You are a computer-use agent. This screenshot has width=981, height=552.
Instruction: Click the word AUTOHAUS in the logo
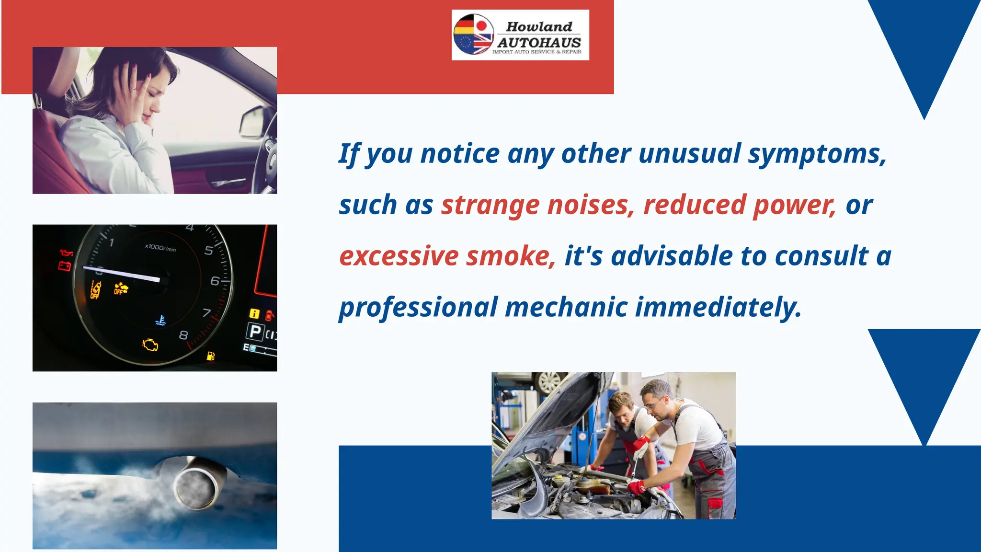point(539,42)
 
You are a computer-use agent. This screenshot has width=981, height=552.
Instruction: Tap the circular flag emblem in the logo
point(473,34)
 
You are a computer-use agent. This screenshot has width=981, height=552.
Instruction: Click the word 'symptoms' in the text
point(817,154)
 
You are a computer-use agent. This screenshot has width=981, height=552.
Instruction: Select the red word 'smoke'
point(511,256)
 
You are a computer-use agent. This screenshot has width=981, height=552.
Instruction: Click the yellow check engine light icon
point(150,345)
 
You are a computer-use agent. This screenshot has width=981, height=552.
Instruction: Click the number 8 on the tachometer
point(183,335)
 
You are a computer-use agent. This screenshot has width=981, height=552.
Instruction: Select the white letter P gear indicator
point(255,331)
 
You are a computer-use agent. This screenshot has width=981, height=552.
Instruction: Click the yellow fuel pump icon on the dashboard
point(210,356)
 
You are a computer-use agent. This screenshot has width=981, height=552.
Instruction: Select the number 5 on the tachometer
point(209,251)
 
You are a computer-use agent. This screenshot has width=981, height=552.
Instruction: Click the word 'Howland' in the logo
point(539,27)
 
